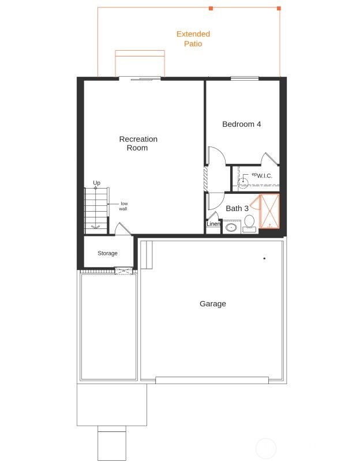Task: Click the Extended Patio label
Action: point(193,39)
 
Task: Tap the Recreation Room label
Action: point(138,143)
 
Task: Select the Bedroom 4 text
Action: point(242,124)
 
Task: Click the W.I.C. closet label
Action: point(264,176)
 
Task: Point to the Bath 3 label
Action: point(237,208)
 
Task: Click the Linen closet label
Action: point(213,224)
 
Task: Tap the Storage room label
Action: point(107,253)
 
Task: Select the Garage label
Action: point(213,303)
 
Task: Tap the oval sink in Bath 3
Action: point(231,227)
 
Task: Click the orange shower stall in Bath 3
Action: point(269,211)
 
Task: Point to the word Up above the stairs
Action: point(96,183)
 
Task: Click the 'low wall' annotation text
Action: point(123,206)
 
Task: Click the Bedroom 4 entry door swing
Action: point(214,156)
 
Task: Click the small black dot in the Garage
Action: point(264,258)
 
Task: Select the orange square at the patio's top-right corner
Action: point(279,9)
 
